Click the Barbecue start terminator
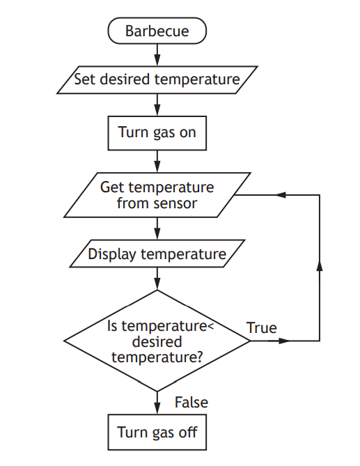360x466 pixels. pos(157,31)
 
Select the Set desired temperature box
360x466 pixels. pos(157,79)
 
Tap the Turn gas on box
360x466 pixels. pos(157,132)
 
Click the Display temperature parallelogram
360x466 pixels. pos(157,254)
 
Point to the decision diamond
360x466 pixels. pos(157,341)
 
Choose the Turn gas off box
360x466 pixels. pos(157,432)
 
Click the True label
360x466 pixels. pos(262,327)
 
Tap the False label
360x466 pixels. pos(191,403)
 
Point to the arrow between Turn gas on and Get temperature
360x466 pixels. pos(157,160)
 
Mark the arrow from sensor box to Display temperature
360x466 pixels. pos(157,228)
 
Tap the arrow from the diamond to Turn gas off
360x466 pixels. pos(157,403)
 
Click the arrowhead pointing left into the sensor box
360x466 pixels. pos(282,195)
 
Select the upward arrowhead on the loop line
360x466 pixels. pos(320,267)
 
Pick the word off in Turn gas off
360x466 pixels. pos(188,432)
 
